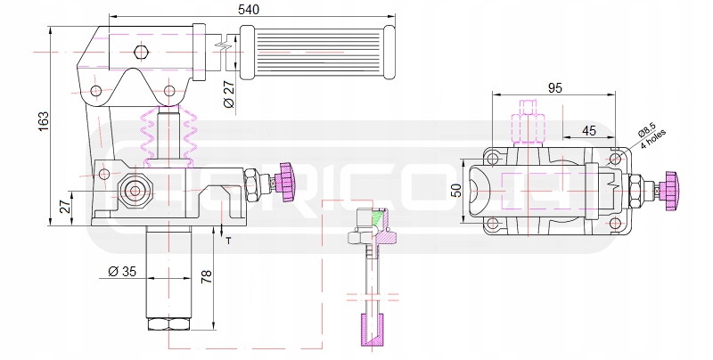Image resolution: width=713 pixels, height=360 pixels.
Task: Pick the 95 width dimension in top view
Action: point(554,87)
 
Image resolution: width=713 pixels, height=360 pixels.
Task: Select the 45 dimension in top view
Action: point(588,130)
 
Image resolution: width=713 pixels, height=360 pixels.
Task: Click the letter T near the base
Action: point(228,241)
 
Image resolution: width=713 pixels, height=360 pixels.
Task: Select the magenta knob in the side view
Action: point(288,180)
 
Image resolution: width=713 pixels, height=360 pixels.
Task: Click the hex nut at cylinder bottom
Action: point(168,323)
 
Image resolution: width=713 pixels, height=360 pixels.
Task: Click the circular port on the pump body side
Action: point(135,190)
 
